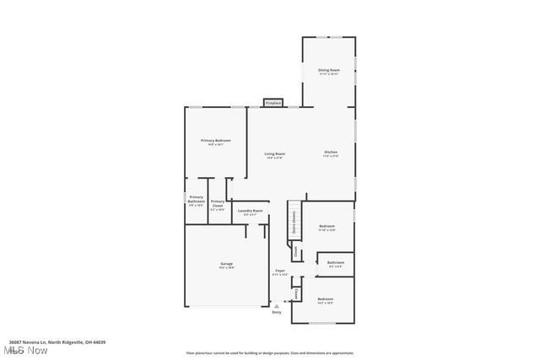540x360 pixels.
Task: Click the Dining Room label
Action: (x=328, y=70)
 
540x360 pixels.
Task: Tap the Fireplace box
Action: (x=273, y=103)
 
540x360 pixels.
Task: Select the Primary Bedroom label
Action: (x=216, y=141)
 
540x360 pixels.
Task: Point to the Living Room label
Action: (x=274, y=154)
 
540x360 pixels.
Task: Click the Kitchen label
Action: (x=331, y=153)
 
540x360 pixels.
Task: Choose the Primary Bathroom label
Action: (x=196, y=201)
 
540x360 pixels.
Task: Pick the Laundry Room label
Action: (x=250, y=212)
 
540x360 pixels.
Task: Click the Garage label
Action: (x=226, y=265)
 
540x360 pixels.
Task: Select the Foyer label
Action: (x=279, y=271)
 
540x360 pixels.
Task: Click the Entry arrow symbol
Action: (x=276, y=305)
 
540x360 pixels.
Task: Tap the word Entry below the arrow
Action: (x=276, y=312)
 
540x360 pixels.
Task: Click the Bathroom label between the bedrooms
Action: (x=335, y=263)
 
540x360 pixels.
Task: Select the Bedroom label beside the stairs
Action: (x=327, y=227)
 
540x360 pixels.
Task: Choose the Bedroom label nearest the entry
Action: (x=325, y=299)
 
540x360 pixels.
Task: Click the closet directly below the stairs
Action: (x=295, y=250)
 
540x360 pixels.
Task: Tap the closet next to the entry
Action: (x=296, y=293)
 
